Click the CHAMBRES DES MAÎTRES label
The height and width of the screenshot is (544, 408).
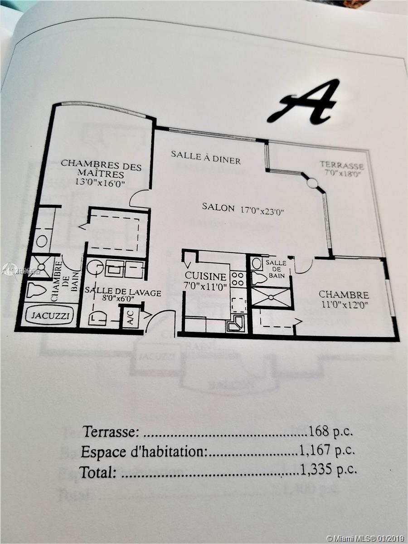click(101, 168)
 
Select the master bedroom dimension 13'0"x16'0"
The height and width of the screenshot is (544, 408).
click(101, 183)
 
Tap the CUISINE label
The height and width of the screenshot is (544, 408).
click(205, 276)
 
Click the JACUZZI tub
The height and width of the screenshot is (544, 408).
click(48, 316)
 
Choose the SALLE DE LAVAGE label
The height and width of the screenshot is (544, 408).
click(122, 293)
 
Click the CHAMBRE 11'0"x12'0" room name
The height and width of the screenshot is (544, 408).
click(344, 295)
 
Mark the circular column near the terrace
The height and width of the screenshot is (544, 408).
click(312, 183)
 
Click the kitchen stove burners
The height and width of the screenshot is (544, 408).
click(238, 279)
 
